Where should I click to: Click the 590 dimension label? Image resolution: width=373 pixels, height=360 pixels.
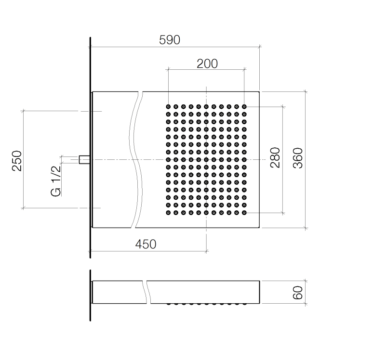tap(169, 40)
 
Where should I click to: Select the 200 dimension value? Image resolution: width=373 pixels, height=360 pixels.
tap(207, 64)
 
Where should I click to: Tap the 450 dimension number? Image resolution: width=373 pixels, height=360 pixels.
tap(146, 244)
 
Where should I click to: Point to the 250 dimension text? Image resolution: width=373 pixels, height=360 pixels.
tap(17, 161)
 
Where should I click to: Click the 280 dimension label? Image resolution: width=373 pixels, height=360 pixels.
tap(275, 157)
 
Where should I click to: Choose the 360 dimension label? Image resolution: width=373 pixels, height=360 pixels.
tap(298, 158)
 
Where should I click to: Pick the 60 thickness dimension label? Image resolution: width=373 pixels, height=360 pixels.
tap(298, 293)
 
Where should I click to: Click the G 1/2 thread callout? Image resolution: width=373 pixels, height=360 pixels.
tap(56, 181)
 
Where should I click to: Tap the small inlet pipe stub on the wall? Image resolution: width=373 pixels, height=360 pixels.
tap(84, 159)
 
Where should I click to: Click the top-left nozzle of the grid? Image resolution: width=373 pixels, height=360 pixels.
tap(168, 107)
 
